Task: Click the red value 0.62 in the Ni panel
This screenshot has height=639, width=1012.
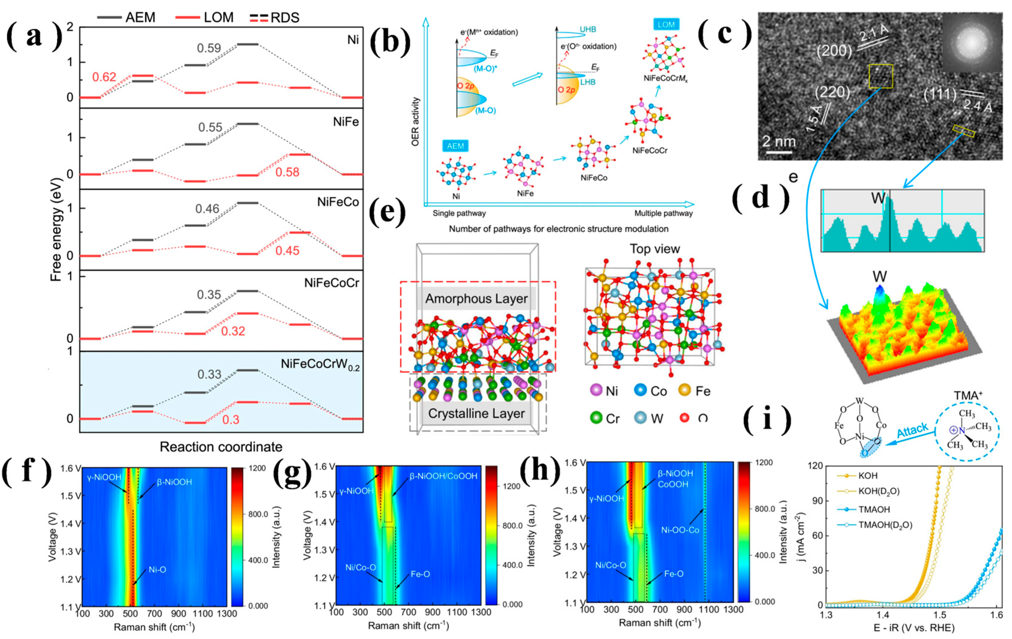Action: [104, 77]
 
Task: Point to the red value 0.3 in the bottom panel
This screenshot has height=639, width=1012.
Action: [231, 420]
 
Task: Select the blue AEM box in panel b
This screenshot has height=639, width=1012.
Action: [455, 146]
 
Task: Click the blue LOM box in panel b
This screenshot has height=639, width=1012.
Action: [666, 25]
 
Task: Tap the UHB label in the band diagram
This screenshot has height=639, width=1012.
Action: [588, 29]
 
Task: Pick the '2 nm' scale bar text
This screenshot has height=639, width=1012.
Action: [779, 142]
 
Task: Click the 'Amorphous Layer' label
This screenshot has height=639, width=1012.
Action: [476, 299]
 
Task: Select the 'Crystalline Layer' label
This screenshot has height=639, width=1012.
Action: [476, 414]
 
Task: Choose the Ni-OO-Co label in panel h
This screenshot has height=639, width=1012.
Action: [680, 530]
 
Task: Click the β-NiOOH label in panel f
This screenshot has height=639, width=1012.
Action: [174, 482]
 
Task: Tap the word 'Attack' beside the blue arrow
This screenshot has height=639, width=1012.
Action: [912, 430]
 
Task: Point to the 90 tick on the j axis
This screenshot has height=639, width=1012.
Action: [817, 501]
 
